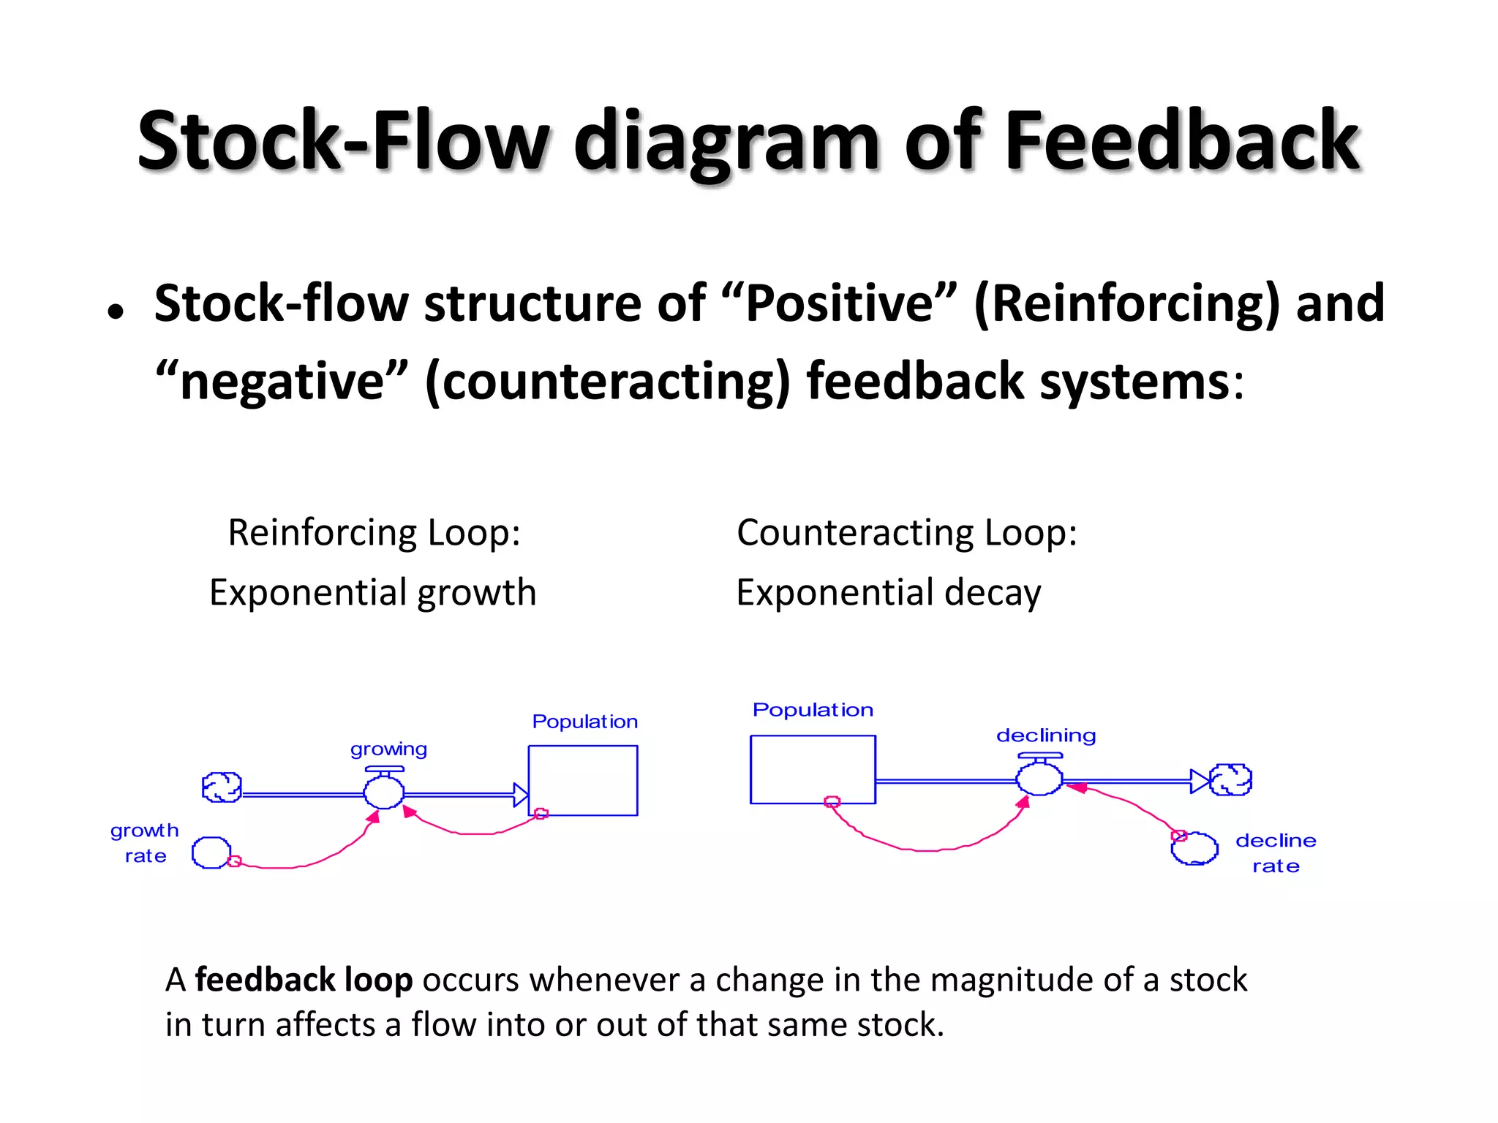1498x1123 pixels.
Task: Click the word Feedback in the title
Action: click(x=1181, y=140)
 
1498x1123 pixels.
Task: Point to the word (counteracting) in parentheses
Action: click(x=607, y=381)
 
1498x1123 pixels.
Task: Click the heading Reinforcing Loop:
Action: click(x=374, y=532)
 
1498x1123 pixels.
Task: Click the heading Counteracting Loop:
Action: click(x=906, y=532)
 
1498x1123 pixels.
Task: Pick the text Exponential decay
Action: click(x=888, y=592)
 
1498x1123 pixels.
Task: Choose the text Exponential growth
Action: click(x=372, y=592)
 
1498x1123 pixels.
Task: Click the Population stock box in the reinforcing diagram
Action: click(x=583, y=780)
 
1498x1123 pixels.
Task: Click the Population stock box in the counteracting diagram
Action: click(x=813, y=769)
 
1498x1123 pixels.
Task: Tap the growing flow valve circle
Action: click(x=383, y=792)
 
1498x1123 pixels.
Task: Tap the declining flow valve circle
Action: click(x=1039, y=779)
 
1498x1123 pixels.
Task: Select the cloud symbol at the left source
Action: click(x=222, y=787)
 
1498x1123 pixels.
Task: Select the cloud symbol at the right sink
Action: click(x=1231, y=779)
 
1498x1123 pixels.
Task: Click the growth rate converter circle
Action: click(x=211, y=852)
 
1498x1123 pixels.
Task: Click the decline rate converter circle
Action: click(x=1194, y=849)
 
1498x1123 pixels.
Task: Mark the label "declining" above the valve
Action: click(x=1046, y=736)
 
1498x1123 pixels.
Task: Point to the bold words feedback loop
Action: click(x=304, y=980)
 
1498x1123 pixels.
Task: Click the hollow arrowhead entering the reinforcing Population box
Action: click(x=520, y=795)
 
